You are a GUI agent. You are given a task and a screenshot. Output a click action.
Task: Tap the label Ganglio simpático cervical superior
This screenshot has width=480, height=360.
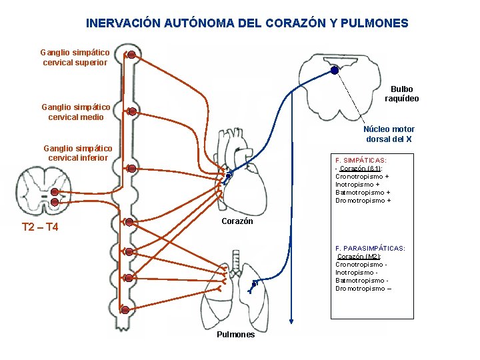[75, 57]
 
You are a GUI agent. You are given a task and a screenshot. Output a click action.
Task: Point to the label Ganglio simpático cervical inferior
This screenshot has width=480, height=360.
[77, 153]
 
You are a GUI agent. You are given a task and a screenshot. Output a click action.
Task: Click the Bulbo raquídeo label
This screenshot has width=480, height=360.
[402, 94]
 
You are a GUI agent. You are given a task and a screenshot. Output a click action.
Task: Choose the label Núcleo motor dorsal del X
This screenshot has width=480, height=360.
[389, 134]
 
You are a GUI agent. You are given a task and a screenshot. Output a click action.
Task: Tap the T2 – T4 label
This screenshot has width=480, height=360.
[40, 227]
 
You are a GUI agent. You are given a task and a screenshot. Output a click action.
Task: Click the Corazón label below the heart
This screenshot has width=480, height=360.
[237, 221]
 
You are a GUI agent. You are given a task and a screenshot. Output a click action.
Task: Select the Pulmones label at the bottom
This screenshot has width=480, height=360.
[235, 335]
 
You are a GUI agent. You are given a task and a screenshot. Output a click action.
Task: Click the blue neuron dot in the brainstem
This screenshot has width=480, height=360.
[333, 70]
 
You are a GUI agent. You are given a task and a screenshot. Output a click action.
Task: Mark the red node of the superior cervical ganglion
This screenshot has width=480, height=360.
[132, 55]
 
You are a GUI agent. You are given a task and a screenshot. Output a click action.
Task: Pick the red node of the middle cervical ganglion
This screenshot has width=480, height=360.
[132, 111]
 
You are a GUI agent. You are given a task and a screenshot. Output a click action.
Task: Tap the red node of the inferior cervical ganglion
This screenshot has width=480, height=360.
[132, 169]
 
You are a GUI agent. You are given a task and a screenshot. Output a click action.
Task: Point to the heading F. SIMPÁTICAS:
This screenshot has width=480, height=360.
[361, 161]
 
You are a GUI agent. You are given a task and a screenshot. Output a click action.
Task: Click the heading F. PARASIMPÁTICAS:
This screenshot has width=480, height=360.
[370, 249]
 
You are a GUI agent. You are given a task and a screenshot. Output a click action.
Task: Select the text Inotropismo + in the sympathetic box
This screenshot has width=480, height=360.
[357, 185]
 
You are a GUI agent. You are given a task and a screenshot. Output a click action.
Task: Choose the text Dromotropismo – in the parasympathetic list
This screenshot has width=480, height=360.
[363, 289]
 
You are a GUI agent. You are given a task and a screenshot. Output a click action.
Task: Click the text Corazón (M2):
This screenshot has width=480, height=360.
[359, 257]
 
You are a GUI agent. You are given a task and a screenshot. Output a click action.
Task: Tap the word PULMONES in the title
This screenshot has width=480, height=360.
[374, 23]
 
